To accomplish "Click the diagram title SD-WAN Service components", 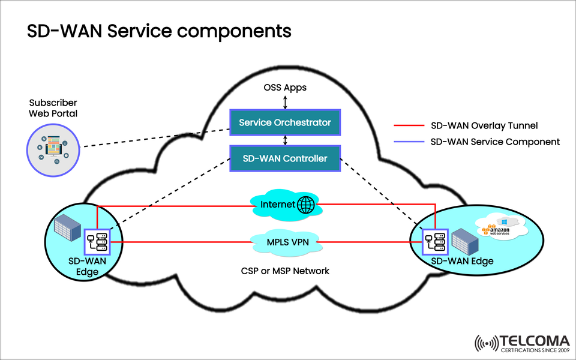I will (159, 31).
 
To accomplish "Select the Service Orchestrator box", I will (285, 122).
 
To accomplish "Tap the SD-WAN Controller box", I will (285, 158).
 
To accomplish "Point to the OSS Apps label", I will (285, 88).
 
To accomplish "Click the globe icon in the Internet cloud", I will (305, 205).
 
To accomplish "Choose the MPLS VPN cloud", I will (285, 242).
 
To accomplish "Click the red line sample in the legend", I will (409, 126).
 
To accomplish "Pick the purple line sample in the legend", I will (409, 142).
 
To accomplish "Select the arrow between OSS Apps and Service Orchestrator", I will (285, 101).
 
